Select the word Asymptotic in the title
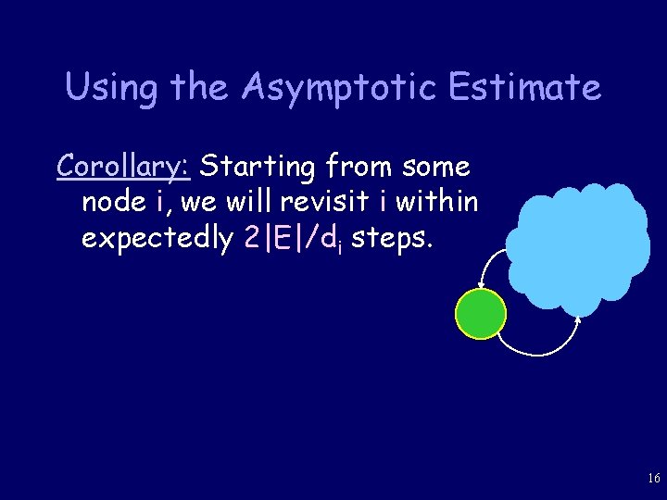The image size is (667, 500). click(338, 88)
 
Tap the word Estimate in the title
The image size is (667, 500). click(524, 88)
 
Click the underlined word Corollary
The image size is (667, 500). click(123, 168)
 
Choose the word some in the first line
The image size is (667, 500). click(435, 168)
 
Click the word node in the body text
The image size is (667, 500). click(114, 202)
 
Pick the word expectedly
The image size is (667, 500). click(157, 238)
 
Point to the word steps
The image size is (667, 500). click(392, 238)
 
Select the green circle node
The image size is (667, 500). click(481, 314)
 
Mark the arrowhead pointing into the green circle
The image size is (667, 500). click(480, 286)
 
